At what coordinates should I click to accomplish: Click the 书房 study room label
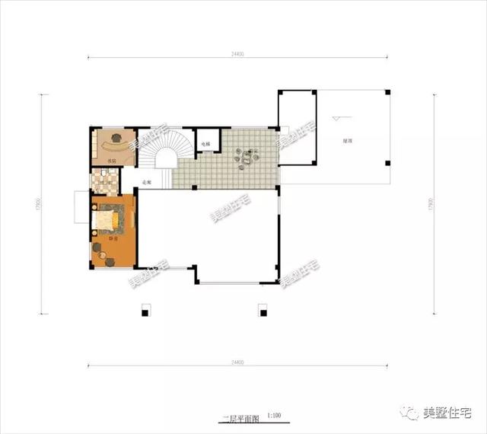[112, 161]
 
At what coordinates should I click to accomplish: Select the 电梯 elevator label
[205, 143]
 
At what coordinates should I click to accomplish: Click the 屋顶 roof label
[346, 142]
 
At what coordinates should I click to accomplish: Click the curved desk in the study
[113, 145]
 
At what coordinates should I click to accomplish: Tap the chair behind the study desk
[116, 137]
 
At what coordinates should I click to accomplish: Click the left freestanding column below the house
[145, 311]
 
